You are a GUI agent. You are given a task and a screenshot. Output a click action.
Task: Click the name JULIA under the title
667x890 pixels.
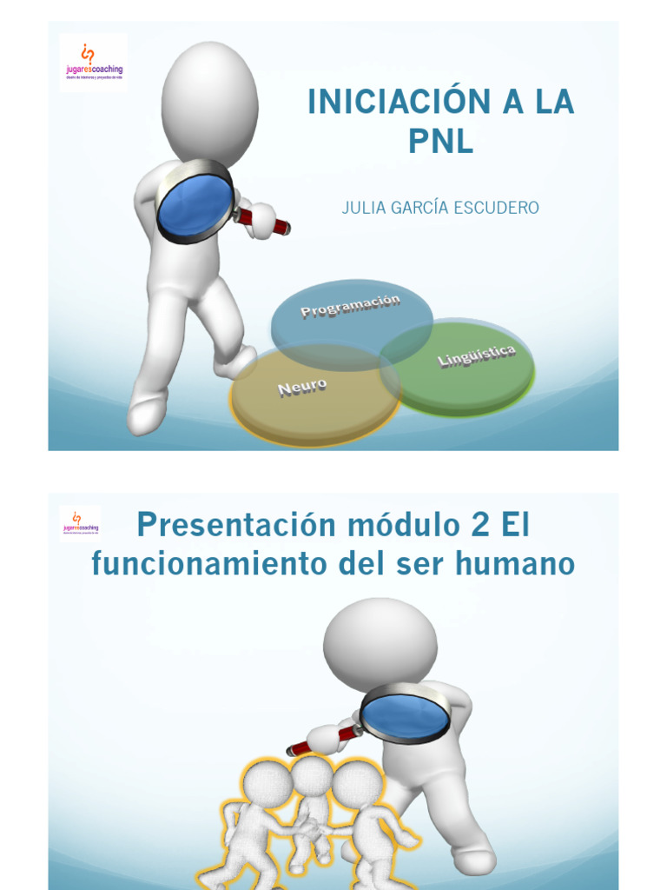click(362, 208)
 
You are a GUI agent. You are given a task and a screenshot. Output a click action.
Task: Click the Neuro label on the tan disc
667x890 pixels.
click(302, 387)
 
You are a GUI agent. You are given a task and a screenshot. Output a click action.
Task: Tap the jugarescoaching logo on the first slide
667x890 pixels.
click(92, 62)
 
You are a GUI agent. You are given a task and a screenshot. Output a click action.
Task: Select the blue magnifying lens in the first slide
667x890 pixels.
click(194, 204)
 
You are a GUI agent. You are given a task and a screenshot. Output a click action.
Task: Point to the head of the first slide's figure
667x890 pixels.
click(210, 103)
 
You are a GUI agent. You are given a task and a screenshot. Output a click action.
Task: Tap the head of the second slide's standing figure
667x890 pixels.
click(380, 644)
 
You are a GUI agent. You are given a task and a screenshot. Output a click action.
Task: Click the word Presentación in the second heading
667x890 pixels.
click(224, 525)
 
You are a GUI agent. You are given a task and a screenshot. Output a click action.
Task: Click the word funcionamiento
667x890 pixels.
click(207, 564)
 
